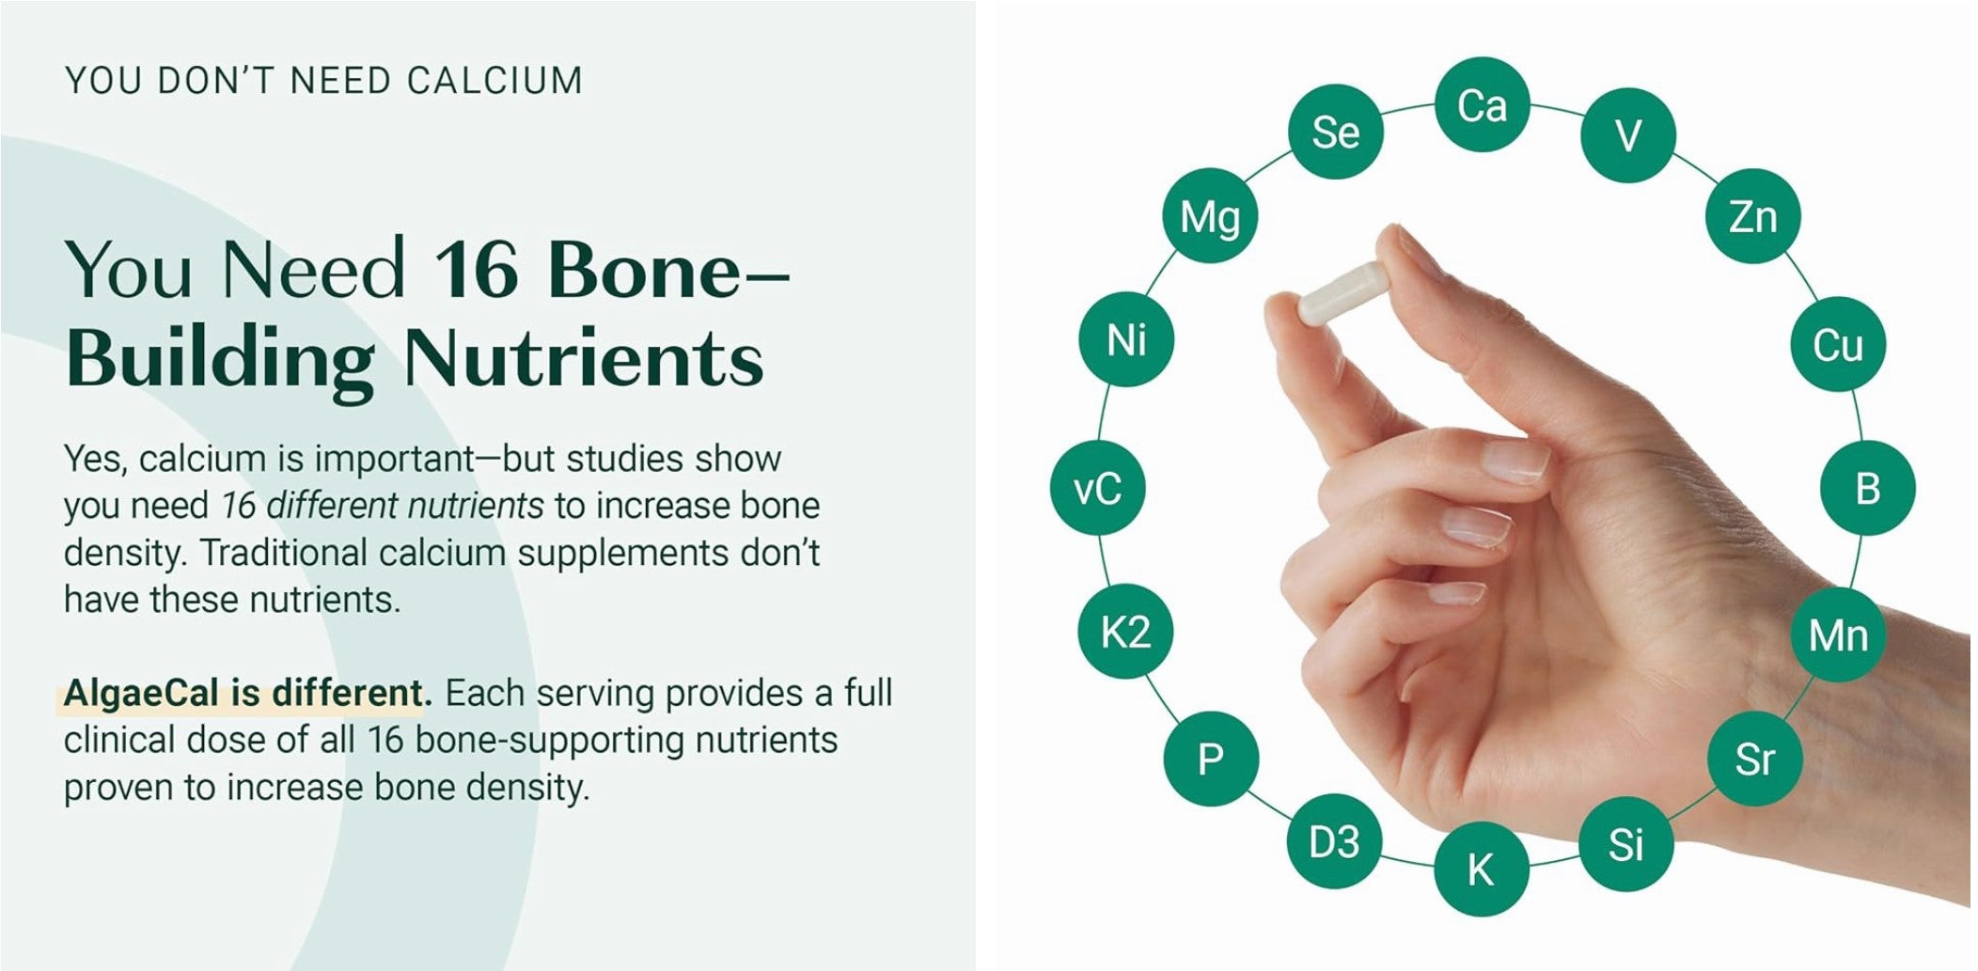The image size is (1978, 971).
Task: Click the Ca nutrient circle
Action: (1482, 104)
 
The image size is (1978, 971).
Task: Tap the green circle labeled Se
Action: (1335, 132)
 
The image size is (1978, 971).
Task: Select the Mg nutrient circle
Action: (1209, 216)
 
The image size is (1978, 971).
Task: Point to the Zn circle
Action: (1753, 216)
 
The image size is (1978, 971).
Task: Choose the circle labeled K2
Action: (1126, 632)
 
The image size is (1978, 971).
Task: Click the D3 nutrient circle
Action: (1335, 841)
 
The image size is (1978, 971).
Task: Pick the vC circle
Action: (1098, 488)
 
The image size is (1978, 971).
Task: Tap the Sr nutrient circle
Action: (1754, 758)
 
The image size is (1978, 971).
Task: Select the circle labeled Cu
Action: (1838, 344)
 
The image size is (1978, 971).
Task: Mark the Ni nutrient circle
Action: (1126, 339)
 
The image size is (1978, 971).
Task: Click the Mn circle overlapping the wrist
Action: (1838, 634)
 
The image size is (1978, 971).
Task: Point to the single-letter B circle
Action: (1867, 488)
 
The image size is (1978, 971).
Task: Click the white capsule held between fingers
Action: (1342, 293)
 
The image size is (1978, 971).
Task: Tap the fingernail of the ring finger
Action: (1475, 526)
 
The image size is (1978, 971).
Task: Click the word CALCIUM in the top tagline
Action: (494, 81)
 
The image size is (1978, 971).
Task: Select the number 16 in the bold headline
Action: (476, 270)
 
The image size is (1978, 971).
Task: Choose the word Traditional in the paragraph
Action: (284, 553)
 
